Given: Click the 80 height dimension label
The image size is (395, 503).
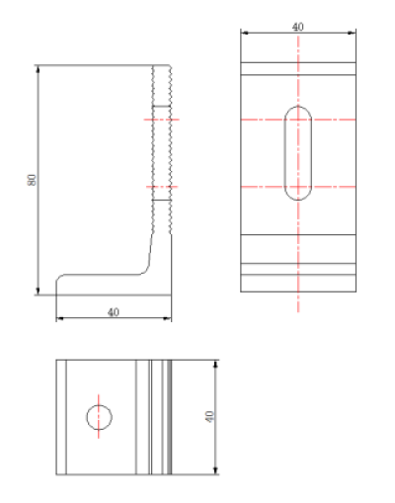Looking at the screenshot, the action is pyautogui.click(x=32, y=180).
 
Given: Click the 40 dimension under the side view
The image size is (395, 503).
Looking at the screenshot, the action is pyautogui.click(x=114, y=312).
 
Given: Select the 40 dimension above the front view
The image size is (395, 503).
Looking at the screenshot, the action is pyautogui.click(x=298, y=27).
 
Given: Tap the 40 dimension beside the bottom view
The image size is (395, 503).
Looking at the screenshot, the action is pyautogui.click(x=209, y=417).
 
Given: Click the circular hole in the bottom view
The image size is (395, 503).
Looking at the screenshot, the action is pyautogui.click(x=87, y=417).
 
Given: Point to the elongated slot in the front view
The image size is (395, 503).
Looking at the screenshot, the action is pyautogui.click(x=284, y=153).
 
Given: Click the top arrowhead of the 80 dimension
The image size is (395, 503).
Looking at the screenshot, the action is pyautogui.click(x=38, y=69).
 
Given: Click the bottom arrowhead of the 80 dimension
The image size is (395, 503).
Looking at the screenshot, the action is pyautogui.click(x=38, y=292).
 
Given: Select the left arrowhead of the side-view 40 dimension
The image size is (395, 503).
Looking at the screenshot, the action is pyautogui.click(x=59, y=318).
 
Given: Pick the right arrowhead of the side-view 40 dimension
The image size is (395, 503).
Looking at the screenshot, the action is pyautogui.click(x=168, y=318).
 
